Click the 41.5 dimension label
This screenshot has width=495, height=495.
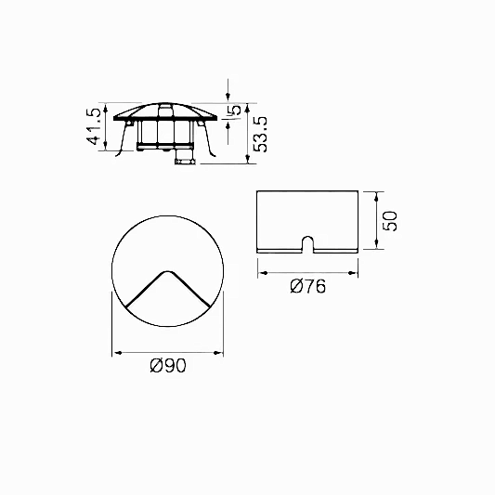coord(94,126)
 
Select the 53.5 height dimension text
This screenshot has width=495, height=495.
coord(261,134)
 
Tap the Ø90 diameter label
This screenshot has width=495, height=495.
coord(168,366)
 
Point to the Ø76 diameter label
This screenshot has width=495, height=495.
coord(307,287)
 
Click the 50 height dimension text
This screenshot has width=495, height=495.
coord(390,221)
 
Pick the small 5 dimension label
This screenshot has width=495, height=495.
coord(236,110)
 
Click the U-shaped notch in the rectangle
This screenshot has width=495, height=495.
coord(307,243)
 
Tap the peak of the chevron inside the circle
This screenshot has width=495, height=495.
coord(167,271)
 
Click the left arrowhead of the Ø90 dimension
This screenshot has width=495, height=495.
coord(117,353)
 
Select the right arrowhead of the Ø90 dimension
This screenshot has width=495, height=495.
coord(218,353)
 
